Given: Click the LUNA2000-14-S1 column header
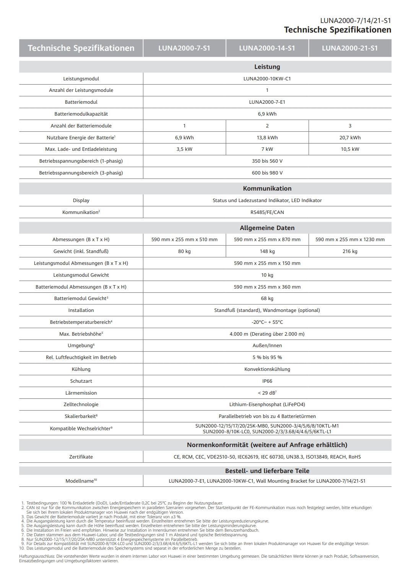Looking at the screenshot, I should pyautogui.click(x=267, y=48).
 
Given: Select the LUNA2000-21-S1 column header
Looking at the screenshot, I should pyautogui.click(x=350, y=48).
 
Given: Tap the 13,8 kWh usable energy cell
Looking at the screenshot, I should pyautogui.click(x=267, y=137).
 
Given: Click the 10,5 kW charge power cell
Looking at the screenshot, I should pyautogui.click(x=350, y=149).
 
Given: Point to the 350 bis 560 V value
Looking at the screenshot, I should pyautogui.click(x=267, y=161).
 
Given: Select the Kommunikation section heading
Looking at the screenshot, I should pyautogui.click(x=267, y=188).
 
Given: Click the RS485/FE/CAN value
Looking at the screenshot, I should pyautogui.click(x=267, y=212).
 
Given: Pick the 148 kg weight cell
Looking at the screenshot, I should pyautogui.click(x=267, y=251).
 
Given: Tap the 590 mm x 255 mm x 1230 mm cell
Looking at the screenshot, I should pyautogui.click(x=350, y=240).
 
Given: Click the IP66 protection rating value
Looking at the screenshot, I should pyautogui.click(x=267, y=381).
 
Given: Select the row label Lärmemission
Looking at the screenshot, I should pyautogui.click(x=81, y=393).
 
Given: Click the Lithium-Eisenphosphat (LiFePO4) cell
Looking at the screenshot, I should pyautogui.click(x=267, y=405).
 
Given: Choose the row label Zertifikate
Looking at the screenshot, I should pyautogui.click(x=81, y=457).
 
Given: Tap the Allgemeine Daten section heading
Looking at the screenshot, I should pyautogui.click(x=267, y=228).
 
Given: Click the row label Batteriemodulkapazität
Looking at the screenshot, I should pyautogui.click(x=81, y=114).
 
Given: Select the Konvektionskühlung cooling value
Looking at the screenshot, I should pyautogui.click(x=267, y=369).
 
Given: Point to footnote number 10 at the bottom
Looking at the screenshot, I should pyautogui.click(x=21, y=548).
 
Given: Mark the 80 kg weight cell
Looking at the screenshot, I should pyautogui.click(x=184, y=251).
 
